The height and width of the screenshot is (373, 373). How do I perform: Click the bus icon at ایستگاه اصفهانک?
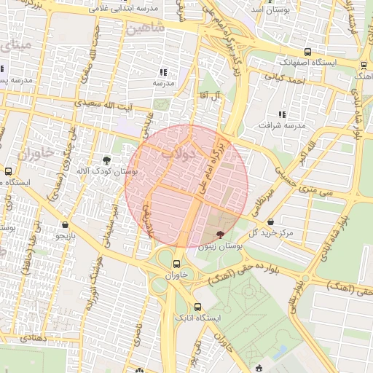(308, 52)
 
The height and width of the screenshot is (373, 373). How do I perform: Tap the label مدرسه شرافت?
(279, 125)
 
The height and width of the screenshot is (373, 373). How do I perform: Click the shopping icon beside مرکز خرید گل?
(271, 221)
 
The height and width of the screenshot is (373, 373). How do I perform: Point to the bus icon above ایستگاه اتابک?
(197, 307)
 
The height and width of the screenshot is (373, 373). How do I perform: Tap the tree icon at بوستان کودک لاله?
(107, 160)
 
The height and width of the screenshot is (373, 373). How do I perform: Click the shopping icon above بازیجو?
(66, 224)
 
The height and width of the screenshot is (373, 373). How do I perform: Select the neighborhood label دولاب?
(179, 154)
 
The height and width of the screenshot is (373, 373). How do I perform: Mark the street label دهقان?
(34, 339)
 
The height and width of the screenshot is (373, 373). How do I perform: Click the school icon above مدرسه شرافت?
(281, 114)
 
